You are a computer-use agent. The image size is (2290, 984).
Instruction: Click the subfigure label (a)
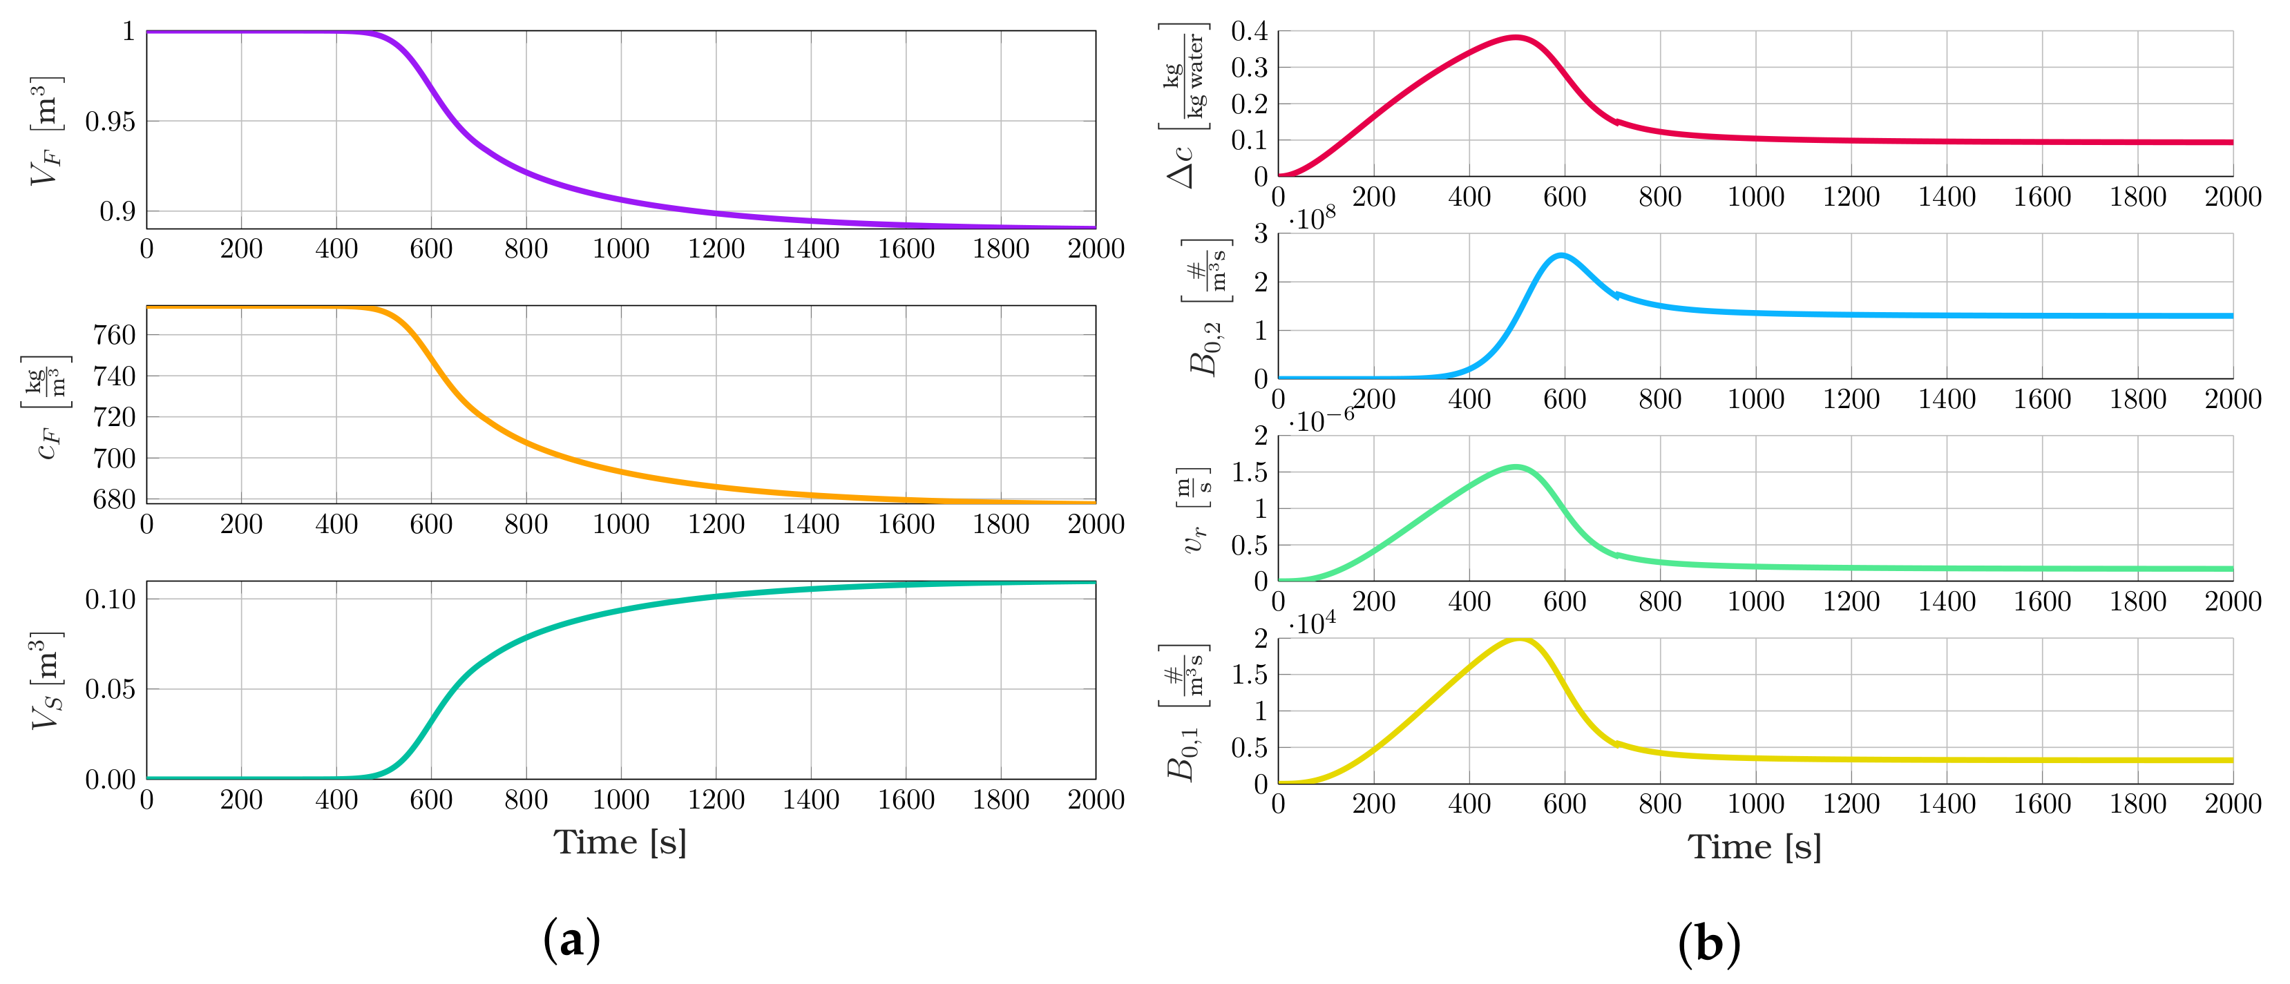(571, 940)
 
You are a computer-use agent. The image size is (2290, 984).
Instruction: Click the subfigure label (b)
(1708, 942)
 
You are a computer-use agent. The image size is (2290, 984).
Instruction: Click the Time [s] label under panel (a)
(620, 842)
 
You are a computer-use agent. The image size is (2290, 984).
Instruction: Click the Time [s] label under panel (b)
(1754, 846)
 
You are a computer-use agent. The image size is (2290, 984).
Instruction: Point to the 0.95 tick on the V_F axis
(111, 122)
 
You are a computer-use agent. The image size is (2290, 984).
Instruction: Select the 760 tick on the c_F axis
(114, 335)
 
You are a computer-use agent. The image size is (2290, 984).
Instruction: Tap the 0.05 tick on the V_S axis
(111, 689)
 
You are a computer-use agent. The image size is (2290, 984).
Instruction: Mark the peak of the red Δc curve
(1516, 37)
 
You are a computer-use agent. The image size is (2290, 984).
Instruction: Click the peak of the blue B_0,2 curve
(1561, 256)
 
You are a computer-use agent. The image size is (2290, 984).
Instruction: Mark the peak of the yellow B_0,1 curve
(1518, 639)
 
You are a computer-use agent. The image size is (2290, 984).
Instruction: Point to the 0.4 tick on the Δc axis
(1249, 32)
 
